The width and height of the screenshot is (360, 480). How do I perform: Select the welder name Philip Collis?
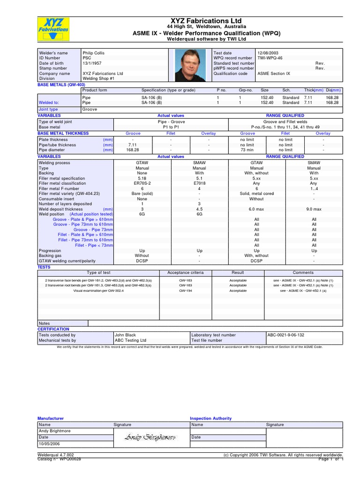(95, 53)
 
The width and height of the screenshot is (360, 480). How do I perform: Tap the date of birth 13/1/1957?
(92, 63)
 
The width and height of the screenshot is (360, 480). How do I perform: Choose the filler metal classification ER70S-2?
(142, 183)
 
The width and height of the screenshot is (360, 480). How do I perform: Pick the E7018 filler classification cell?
(199, 183)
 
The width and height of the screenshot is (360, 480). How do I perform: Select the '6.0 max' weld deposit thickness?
(256, 209)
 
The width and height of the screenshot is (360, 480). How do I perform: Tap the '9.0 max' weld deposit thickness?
(314, 209)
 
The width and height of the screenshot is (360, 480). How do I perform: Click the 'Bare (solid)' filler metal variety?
(142, 194)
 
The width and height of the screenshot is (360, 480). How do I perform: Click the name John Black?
(125, 335)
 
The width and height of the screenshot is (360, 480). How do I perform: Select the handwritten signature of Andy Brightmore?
(150, 437)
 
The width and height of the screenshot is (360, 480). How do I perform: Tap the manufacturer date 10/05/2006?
(49, 443)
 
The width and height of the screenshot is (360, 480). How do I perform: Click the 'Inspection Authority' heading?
(210, 418)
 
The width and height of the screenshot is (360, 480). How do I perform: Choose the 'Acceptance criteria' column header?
(186, 272)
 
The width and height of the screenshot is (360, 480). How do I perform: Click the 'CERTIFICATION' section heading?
(53, 329)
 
